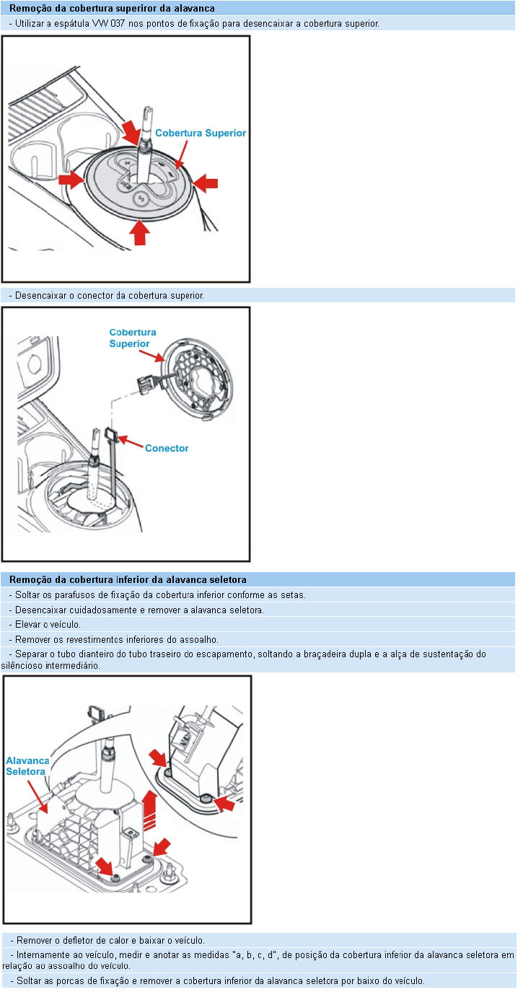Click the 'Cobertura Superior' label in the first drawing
click(201, 133)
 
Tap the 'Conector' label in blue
click(167, 448)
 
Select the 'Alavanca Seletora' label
click(27, 766)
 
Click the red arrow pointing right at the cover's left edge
click(71, 179)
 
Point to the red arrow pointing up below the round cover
click(140, 232)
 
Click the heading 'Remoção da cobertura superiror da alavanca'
click(112, 9)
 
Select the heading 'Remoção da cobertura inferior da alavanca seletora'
click(128, 579)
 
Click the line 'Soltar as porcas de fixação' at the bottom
click(216, 980)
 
